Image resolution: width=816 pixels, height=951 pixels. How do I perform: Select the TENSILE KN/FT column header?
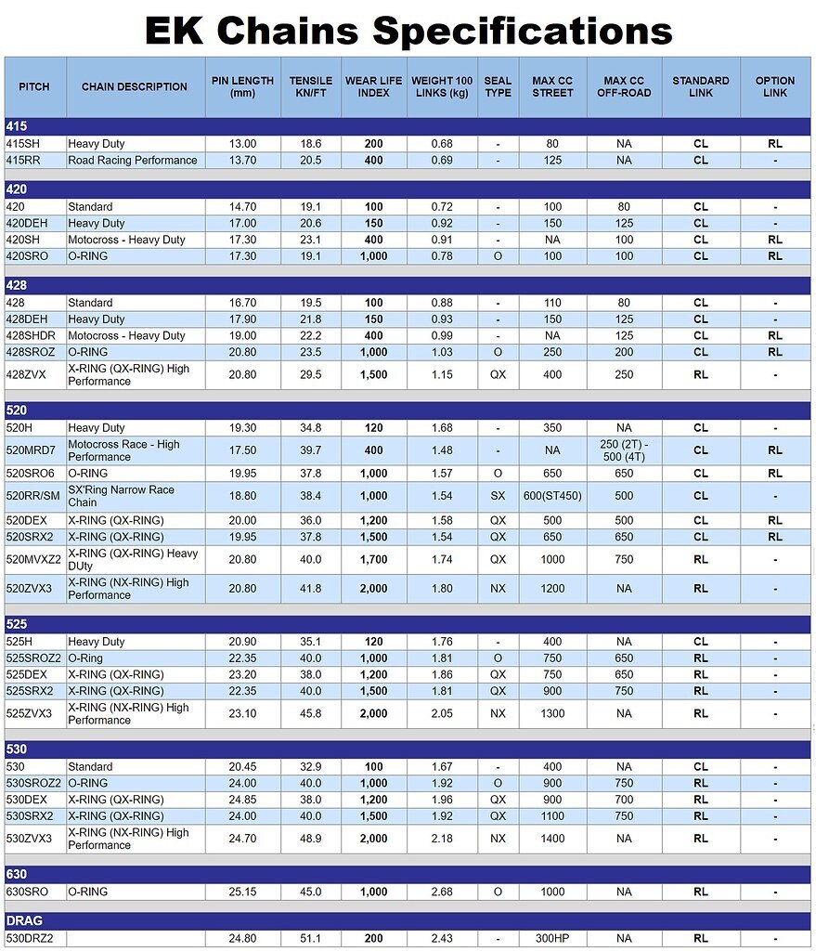coord(310,86)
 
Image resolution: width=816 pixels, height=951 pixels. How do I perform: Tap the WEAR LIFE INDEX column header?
coord(373,86)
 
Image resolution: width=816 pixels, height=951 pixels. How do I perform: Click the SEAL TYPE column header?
coord(498,86)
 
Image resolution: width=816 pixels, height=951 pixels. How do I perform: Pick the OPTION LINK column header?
coord(774,86)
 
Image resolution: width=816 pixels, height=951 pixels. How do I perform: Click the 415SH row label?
coord(26,144)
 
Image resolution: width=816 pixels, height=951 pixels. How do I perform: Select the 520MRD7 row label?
coord(32,450)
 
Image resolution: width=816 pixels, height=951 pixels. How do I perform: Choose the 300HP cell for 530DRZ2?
coord(552,939)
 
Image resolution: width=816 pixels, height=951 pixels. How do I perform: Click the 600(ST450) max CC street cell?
coord(552,496)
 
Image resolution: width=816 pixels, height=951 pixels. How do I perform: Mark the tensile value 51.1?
coord(310,939)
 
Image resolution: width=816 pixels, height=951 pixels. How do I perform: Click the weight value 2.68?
coord(442,892)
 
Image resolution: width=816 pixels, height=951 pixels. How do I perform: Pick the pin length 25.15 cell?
coord(243,892)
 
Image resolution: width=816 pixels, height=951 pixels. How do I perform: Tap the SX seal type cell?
coord(498,496)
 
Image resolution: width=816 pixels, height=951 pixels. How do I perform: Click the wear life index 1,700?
coord(373,559)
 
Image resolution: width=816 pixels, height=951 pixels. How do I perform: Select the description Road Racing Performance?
coord(133,161)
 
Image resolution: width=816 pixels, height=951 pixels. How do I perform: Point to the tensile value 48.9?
coord(310,839)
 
